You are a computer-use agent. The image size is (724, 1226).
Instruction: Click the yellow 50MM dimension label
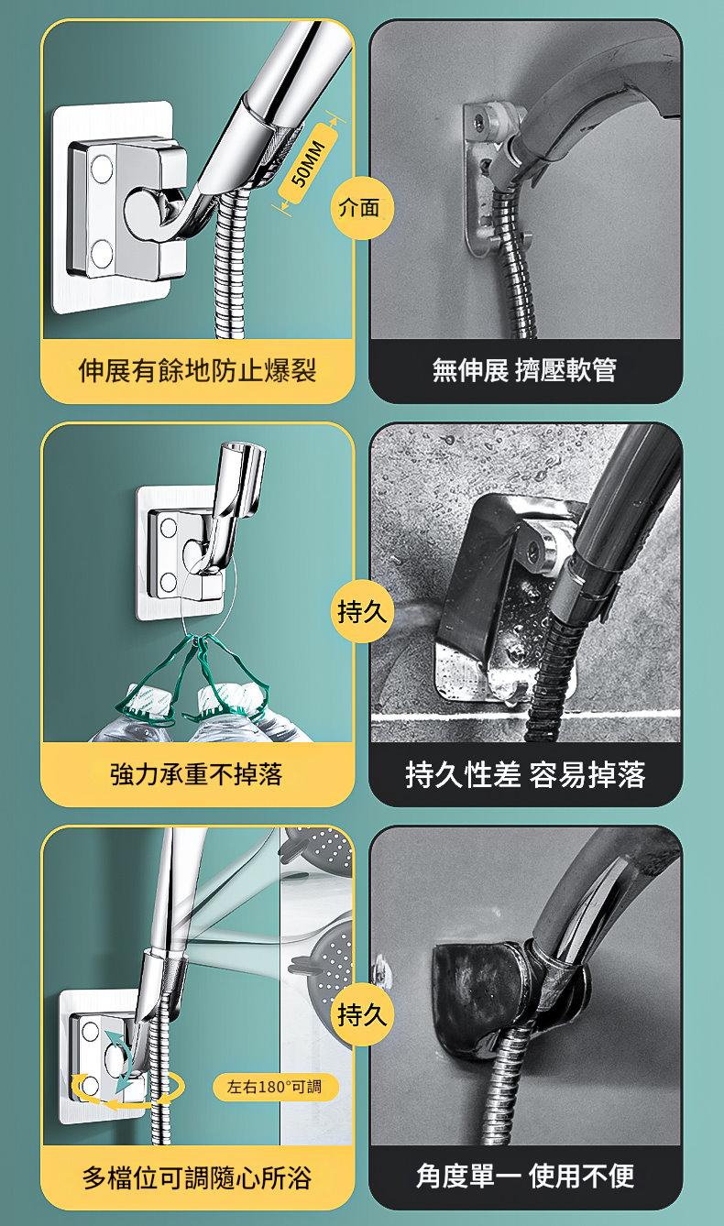click(x=307, y=163)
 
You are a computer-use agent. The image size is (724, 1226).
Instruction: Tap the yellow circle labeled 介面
click(x=361, y=208)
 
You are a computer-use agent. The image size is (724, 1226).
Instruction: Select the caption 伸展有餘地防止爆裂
click(x=198, y=370)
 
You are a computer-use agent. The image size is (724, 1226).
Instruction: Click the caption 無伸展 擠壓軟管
click(x=524, y=370)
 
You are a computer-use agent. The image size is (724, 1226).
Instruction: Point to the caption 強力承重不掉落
click(x=196, y=774)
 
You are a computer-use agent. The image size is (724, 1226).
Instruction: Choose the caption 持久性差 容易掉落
click(x=525, y=774)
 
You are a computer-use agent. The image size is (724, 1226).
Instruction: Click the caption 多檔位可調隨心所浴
click(x=198, y=1177)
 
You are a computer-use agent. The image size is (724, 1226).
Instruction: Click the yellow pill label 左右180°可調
click(x=275, y=1087)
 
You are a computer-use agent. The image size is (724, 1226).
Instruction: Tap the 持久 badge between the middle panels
click(x=361, y=611)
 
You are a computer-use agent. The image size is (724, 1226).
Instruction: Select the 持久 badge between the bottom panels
click(x=361, y=1015)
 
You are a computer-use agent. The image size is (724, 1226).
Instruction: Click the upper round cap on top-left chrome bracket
click(x=101, y=169)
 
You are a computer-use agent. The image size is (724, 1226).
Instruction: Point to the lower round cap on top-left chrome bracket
click(x=102, y=254)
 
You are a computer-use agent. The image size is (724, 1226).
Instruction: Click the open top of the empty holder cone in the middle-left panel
click(x=244, y=451)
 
